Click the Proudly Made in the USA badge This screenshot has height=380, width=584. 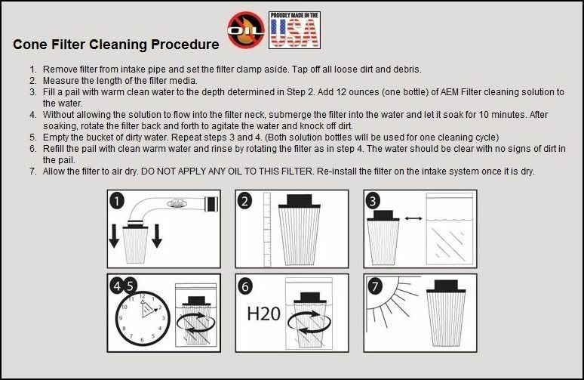[x=294, y=30]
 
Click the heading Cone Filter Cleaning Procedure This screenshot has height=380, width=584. [x=116, y=45]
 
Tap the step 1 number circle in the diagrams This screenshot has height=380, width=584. [x=118, y=202]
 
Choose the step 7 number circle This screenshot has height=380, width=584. [x=375, y=286]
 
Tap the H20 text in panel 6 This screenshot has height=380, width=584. [x=264, y=312]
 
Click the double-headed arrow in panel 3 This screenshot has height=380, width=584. [x=413, y=219]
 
